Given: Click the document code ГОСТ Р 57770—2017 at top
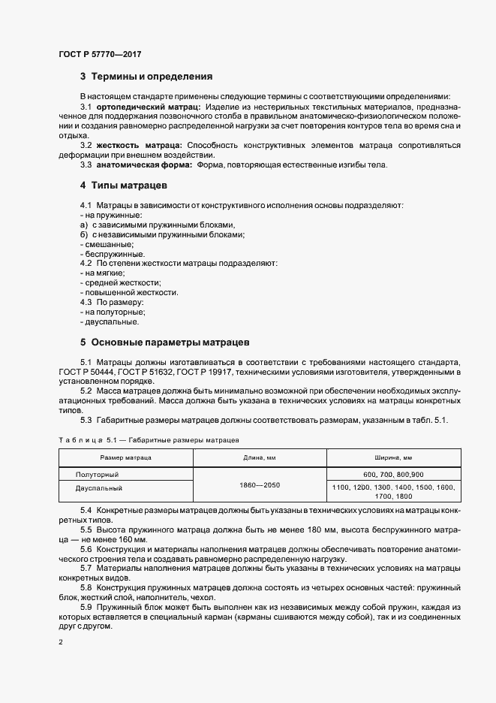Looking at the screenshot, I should pyautogui.click(x=100, y=55).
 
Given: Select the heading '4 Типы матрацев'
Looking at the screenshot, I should pyautogui.click(x=123, y=185).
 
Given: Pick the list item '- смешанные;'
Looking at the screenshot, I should pyautogui.click(x=107, y=244).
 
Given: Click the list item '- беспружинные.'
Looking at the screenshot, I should pyautogui.click(x=112, y=254).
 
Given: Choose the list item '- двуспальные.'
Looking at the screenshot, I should pyautogui.click(x=109, y=321).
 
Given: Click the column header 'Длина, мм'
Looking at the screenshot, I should pyautogui.click(x=260, y=457).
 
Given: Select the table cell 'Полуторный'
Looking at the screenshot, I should pyautogui.click(x=98, y=475).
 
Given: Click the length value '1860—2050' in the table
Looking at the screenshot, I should pyautogui.click(x=260, y=484).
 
